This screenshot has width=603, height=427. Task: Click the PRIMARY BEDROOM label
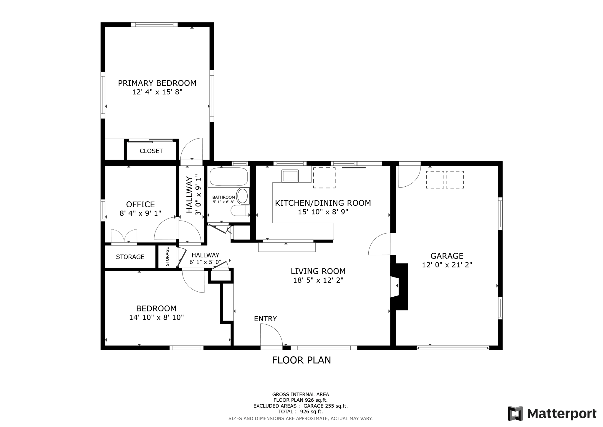157,83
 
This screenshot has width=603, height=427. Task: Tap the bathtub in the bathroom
228,176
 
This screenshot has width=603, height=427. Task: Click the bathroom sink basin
243,196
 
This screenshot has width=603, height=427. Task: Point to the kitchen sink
290,176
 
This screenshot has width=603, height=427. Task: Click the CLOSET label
151,151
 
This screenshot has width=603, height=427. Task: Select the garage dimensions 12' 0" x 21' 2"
447,265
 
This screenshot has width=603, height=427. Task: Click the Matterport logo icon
515,413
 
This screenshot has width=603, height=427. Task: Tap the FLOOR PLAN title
301,360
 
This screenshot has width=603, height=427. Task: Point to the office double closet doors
124,236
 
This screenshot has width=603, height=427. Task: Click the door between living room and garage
380,244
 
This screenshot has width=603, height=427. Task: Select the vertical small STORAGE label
167,257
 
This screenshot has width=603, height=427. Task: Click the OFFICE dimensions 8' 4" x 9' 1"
140,213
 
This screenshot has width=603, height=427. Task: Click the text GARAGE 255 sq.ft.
325,406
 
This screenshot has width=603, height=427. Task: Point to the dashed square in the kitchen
324,178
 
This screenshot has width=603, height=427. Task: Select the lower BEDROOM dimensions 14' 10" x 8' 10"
156,317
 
